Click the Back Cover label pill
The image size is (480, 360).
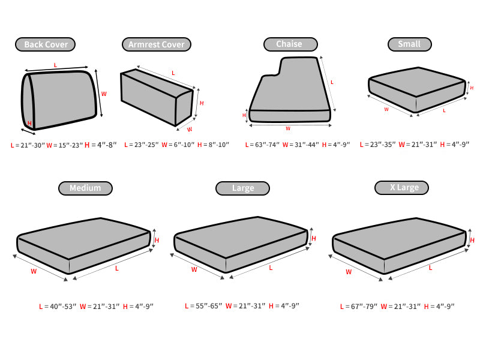point(46,44)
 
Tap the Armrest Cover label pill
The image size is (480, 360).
point(157,44)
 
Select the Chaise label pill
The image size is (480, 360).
point(290,44)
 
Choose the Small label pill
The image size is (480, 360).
point(410,44)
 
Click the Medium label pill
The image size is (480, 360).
point(85,188)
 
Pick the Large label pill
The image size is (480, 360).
point(243,188)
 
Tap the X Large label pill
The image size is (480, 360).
point(401,188)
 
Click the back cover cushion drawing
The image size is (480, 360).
point(59,100)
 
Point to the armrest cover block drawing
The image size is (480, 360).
point(157,97)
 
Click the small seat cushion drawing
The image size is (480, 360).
point(416,89)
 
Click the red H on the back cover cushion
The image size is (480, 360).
point(29,123)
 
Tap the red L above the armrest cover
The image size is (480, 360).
point(173,73)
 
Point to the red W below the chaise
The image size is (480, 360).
point(288,128)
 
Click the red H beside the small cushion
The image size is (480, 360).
point(472,88)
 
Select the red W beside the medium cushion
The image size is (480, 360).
point(34,271)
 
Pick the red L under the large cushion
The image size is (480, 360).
point(271,268)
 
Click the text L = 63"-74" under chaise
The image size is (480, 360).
point(262,145)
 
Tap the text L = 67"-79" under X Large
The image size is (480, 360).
point(358,306)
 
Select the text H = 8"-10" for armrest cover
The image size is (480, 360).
point(213,145)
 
